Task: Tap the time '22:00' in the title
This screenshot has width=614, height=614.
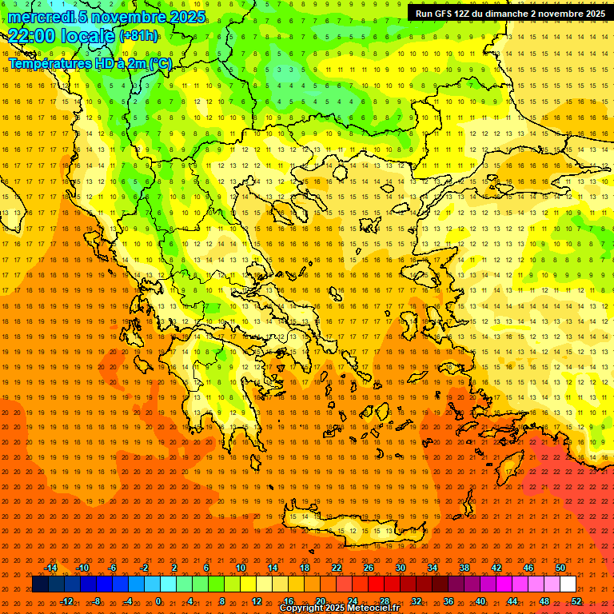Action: [x=32, y=35]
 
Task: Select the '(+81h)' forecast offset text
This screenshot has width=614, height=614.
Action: [x=139, y=36]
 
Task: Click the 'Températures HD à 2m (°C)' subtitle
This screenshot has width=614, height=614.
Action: [x=90, y=63]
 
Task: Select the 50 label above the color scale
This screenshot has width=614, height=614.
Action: [x=560, y=568]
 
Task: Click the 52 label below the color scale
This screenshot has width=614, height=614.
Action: [x=576, y=601]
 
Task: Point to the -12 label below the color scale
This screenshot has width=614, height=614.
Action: [x=66, y=601]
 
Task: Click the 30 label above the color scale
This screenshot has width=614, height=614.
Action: [x=401, y=568]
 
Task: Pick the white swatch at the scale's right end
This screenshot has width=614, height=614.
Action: [x=568, y=584]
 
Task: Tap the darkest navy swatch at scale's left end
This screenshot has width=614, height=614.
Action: [x=40, y=584]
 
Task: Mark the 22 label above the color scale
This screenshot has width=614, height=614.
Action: [x=337, y=568]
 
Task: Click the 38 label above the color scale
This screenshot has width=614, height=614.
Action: [x=464, y=568]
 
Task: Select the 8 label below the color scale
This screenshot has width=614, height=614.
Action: [x=221, y=601]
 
